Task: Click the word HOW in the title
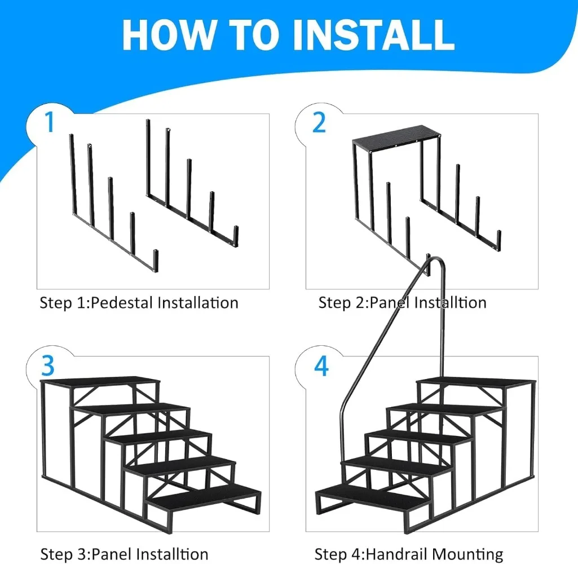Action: pyautogui.click(x=168, y=34)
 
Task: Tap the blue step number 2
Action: pyautogui.click(x=319, y=122)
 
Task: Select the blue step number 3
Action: pyautogui.click(x=48, y=365)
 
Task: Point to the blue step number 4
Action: pyautogui.click(x=321, y=366)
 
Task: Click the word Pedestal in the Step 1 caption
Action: pyautogui.click(x=122, y=303)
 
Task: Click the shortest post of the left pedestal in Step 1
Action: pyautogui.click(x=156, y=260)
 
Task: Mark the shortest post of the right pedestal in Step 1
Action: pyautogui.click(x=236, y=236)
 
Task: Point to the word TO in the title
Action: pyautogui.click(x=254, y=34)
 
